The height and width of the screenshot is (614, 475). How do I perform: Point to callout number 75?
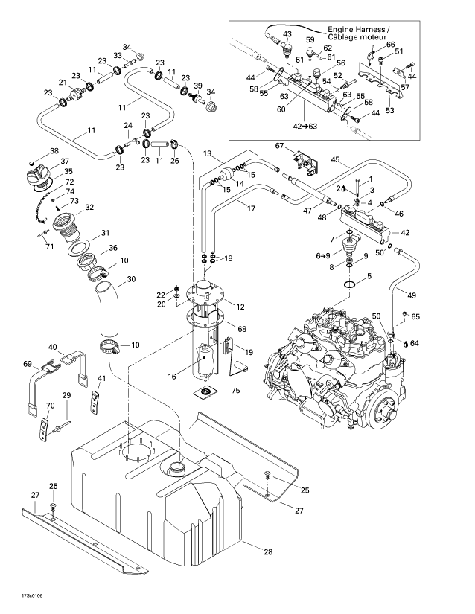coord(235,391)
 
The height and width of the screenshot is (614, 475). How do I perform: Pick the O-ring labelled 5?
coord(355,285)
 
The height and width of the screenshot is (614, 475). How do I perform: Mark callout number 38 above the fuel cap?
coord(53,151)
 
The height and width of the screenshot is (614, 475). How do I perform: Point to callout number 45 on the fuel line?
coord(336,159)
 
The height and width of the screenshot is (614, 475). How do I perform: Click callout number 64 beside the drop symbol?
coord(415,343)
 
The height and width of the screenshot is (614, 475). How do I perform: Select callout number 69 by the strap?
coord(28,364)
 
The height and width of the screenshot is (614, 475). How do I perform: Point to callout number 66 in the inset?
coord(391,44)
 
